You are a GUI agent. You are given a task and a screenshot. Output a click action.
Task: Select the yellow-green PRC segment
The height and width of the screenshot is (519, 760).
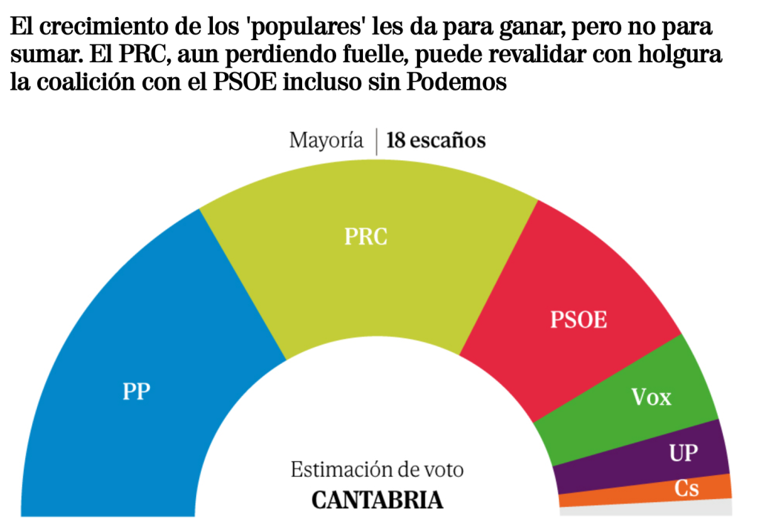coord(371,274)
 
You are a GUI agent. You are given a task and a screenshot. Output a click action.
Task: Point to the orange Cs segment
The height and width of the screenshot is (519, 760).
coord(638,494)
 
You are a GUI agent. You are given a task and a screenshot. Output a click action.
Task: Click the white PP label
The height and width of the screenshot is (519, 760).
coord(137,391)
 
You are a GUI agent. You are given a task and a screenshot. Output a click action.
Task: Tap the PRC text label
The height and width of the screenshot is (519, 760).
coord(367,237)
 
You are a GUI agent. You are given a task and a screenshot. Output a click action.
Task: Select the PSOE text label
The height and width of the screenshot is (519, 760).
coord(579,320)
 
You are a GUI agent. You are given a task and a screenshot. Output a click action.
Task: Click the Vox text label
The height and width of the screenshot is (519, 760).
coord(651,397)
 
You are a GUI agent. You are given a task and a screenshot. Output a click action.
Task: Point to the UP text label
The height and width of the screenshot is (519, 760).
coord(684,452)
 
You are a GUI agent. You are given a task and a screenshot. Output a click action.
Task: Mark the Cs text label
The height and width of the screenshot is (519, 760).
coord(687,488)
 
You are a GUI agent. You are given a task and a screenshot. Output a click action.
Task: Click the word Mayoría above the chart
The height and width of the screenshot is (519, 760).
coord(327,141)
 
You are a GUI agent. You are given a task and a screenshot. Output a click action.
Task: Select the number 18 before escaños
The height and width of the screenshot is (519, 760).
coord(396,141)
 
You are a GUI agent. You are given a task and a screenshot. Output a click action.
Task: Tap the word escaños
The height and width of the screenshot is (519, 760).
coord(448,141)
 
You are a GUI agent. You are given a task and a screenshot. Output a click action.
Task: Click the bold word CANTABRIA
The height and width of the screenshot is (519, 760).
coord(377,499)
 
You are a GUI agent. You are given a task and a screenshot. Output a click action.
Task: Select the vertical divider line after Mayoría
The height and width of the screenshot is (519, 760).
coord(376,141)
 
